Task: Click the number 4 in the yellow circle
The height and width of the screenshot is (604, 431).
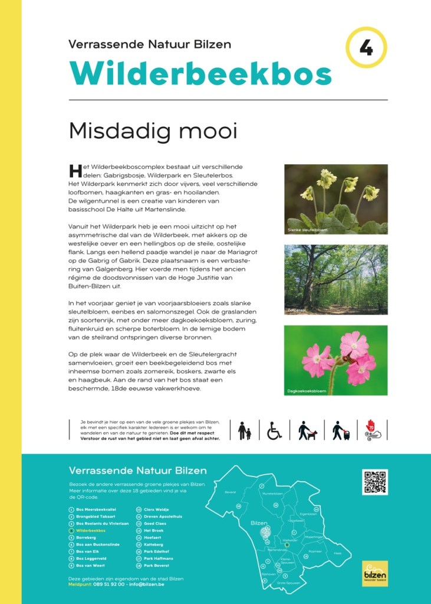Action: [x=366, y=48]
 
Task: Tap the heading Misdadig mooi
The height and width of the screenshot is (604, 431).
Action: [x=153, y=131]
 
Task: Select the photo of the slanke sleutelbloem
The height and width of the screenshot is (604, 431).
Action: [x=336, y=199]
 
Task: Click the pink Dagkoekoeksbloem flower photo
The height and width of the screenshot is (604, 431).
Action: [x=336, y=360]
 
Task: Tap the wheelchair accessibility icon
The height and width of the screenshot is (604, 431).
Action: [x=275, y=430]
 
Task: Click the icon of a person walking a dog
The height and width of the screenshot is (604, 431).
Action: [x=307, y=430]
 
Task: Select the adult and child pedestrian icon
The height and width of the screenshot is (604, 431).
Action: [x=244, y=430]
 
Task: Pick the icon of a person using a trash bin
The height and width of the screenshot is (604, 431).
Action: [x=340, y=430]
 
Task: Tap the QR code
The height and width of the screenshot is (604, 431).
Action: [x=375, y=482]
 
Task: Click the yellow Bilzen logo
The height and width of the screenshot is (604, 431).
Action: [x=375, y=573]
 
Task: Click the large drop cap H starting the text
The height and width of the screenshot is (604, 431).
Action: [x=74, y=171]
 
